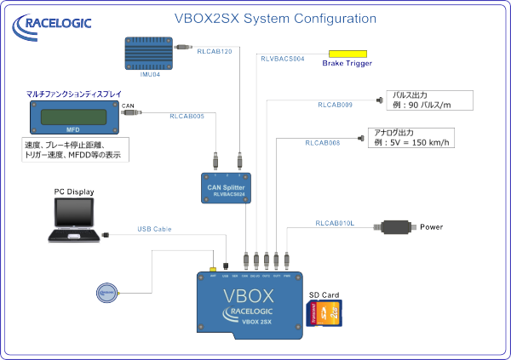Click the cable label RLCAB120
click(x=215, y=51)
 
